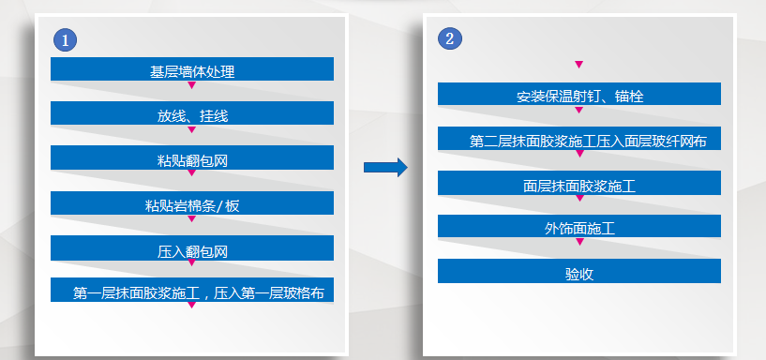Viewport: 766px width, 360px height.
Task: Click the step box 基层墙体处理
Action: [x=192, y=69]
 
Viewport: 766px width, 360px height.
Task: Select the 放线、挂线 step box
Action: [x=192, y=114]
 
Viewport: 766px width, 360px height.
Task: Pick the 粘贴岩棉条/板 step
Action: [x=192, y=204]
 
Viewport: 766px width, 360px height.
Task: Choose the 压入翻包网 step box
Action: [x=192, y=249]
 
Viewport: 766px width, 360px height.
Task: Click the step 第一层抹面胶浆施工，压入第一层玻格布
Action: [x=192, y=292]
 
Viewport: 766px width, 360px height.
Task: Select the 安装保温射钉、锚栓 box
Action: [x=578, y=95]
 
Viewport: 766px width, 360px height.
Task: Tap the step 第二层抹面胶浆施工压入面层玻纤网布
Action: [x=578, y=140]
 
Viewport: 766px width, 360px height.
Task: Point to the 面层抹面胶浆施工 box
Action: [x=578, y=184]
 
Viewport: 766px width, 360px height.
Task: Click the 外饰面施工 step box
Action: [x=578, y=227]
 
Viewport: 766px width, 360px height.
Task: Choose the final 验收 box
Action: [x=578, y=272]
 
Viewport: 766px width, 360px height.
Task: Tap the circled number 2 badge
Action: [x=450, y=38]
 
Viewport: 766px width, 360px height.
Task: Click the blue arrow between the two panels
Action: [x=385, y=167]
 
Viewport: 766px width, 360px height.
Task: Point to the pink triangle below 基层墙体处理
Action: [x=191, y=84]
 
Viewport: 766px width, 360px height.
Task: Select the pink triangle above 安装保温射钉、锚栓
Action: [x=578, y=64]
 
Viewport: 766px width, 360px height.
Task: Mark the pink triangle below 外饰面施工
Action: [x=578, y=242]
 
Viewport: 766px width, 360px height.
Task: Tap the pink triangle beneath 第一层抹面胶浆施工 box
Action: [x=191, y=305]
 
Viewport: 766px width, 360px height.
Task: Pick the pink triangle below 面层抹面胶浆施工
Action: [x=578, y=199]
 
